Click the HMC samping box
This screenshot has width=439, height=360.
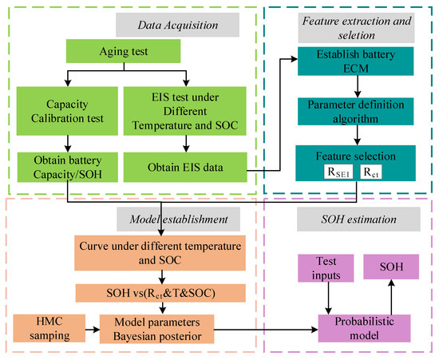click(x=46, y=327)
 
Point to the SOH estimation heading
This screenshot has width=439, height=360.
click(x=350, y=217)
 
